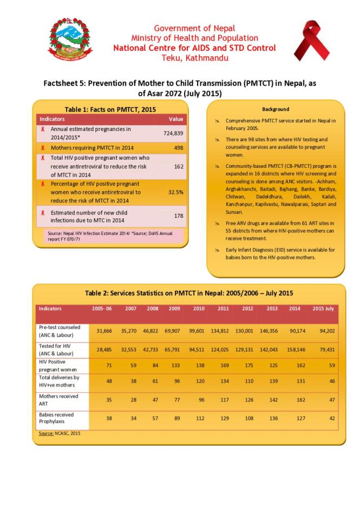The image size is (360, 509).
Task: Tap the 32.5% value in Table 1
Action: (x=175, y=192)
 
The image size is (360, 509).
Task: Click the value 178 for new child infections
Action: (x=178, y=216)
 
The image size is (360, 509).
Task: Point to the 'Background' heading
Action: (x=276, y=109)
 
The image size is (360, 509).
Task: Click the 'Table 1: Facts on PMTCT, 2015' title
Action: (x=110, y=109)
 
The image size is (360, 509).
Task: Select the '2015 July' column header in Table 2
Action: (x=324, y=309)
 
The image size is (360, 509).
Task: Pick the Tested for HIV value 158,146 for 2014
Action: (x=296, y=349)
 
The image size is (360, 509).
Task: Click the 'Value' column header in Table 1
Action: (x=176, y=119)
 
